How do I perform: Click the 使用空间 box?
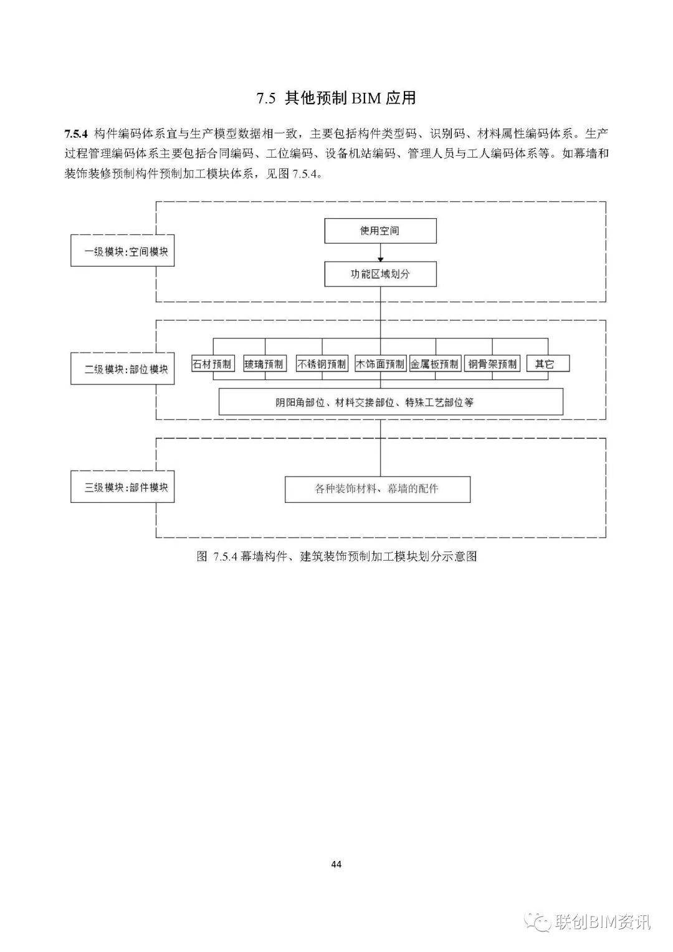tap(380, 231)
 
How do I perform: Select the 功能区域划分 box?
tap(380, 274)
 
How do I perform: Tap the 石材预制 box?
tap(212, 364)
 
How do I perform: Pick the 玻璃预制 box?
tap(264, 364)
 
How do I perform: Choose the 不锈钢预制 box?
tap(322, 364)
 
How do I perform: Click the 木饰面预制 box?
tap(381, 364)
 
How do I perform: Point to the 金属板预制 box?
tap(435, 364)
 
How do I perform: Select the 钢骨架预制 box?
tap(492, 364)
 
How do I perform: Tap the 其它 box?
tap(548, 364)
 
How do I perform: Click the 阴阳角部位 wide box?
tap(391, 402)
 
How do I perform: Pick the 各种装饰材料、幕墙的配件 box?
tap(378, 489)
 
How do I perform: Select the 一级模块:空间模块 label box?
tap(122, 250)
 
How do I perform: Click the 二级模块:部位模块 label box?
tap(122, 368)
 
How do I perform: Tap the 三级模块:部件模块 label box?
tap(122, 487)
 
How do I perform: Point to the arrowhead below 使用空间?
tap(381, 259)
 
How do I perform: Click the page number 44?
tap(336, 864)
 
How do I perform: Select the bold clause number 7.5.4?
tap(75, 134)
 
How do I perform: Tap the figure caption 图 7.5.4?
tap(336, 556)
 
